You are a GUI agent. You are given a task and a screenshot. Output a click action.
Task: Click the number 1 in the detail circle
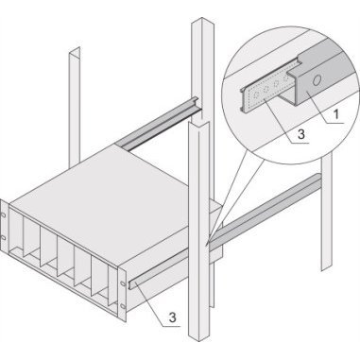pos(336,114)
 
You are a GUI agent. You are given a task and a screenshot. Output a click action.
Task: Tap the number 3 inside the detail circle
pos(301,134)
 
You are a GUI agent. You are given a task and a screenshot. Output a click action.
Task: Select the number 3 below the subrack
pos(172,317)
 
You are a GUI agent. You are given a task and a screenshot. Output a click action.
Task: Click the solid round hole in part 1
pos(317,80)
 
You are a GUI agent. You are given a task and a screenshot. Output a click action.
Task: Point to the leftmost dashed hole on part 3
pos(257,94)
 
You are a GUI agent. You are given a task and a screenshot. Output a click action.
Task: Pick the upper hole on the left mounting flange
pos(4,214)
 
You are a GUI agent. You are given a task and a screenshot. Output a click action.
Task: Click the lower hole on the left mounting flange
pos(4,237)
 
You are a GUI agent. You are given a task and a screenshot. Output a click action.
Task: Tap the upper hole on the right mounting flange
pos(123,283)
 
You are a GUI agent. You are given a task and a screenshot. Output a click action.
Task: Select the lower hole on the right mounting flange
pos(123,306)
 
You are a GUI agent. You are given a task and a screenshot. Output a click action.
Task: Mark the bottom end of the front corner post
pos(199,337)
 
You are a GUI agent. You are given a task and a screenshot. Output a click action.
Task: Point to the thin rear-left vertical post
pos(75,107)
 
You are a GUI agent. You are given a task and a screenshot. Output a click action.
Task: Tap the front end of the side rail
pos(131,283)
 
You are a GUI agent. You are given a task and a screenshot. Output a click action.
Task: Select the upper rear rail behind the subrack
pos(158,124)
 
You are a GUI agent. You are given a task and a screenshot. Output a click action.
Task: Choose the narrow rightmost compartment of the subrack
pos(112,286)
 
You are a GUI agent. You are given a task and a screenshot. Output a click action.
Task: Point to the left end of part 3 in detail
pos(243,101)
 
